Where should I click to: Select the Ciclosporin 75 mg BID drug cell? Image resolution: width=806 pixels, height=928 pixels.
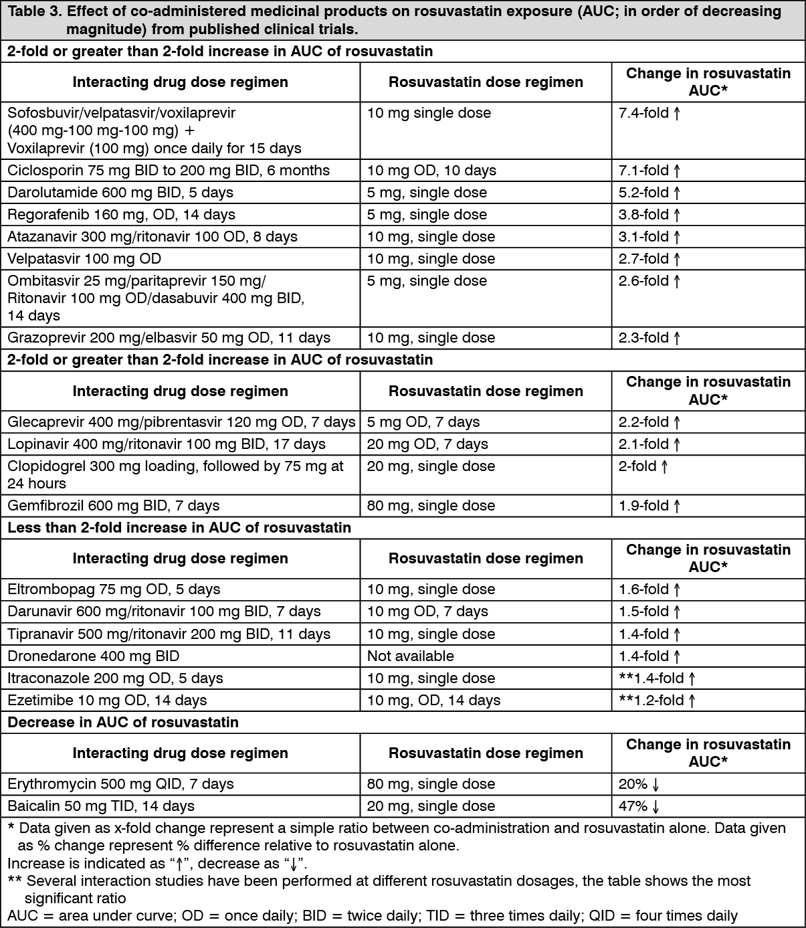pos(169,171)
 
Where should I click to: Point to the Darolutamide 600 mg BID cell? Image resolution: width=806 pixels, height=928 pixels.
pos(120,193)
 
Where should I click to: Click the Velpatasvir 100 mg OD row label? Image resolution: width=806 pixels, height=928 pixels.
pos(84,259)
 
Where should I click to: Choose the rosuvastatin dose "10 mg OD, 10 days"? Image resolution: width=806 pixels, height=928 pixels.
pos(431,171)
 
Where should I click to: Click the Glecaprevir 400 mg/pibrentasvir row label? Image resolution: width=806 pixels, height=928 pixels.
pos(181,422)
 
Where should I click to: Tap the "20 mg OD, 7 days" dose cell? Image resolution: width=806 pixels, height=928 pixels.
pos(427,444)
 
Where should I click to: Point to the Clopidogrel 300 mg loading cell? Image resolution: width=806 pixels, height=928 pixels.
pos(175,474)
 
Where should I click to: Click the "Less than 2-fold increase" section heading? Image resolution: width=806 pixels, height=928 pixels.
pos(179,528)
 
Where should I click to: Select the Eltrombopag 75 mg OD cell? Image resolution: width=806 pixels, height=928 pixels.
pos(114,589)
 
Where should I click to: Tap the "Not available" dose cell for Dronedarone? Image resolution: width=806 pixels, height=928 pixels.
pos(410,656)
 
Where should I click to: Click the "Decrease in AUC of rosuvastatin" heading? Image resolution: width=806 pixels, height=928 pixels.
pos(123,723)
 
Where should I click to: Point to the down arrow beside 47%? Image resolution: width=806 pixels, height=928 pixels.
pos(656,807)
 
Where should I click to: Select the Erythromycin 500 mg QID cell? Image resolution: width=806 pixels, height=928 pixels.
pos(120,784)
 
